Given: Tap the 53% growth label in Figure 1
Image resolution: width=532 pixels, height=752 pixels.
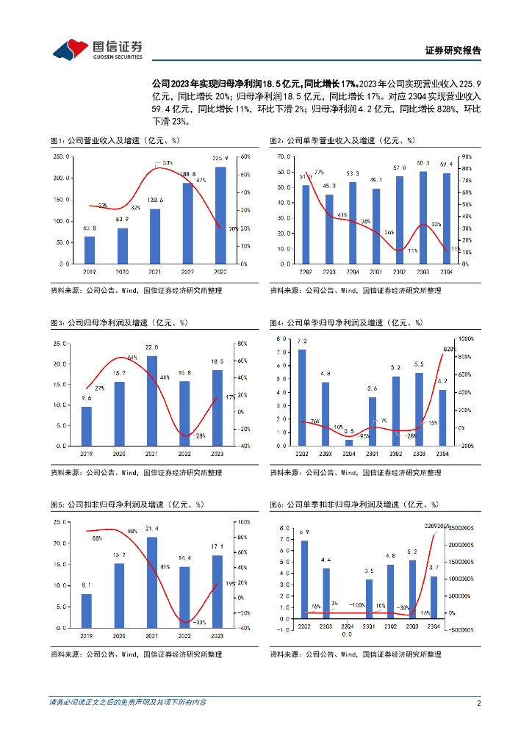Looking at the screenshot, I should click(x=168, y=162).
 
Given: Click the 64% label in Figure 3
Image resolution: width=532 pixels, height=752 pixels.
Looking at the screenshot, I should click(x=132, y=358).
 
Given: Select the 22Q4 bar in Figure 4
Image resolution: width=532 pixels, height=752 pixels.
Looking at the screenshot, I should click(x=349, y=442).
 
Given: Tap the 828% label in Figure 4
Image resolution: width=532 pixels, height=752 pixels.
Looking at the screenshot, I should click(x=450, y=349).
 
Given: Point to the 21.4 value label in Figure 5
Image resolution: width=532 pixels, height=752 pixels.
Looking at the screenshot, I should click(x=152, y=529).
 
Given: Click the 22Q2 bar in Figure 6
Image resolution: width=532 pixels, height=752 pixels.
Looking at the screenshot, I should click(x=304, y=579).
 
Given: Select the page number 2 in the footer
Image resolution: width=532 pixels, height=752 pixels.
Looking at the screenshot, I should click(x=478, y=703).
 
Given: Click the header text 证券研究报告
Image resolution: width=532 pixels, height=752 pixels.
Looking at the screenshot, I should click(x=453, y=51).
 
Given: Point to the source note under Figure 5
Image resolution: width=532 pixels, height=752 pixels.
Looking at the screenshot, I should click(x=135, y=654).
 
